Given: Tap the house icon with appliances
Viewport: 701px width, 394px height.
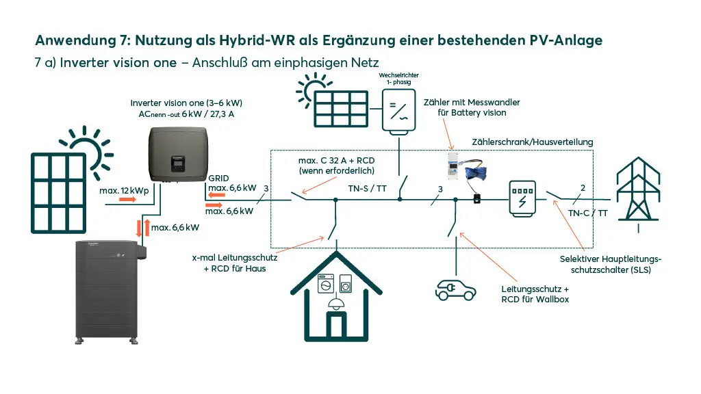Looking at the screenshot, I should click(335, 287).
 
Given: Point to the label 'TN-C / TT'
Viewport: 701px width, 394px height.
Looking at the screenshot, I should click(587, 213).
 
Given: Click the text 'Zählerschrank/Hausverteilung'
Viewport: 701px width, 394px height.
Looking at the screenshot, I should click(533, 142).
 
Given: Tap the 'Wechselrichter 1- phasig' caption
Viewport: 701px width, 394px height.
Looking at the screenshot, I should click(399, 78).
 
